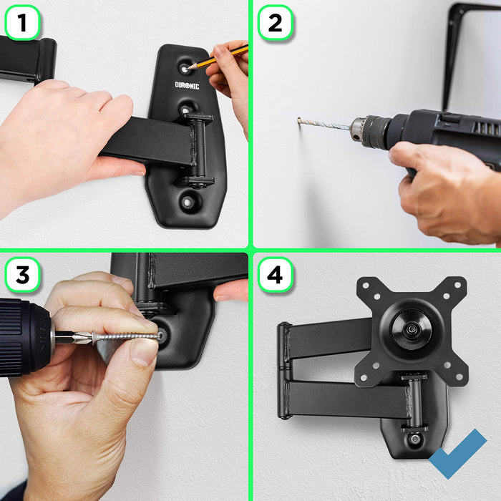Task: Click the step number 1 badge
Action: (x=22, y=23)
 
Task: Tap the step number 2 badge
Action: (x=275, y=23)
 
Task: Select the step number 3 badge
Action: (x=22, y=275)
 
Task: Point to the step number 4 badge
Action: (x=275, y=275)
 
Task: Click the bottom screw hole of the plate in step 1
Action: (x=188, y=203)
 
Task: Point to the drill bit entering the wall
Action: (x=322, y=125)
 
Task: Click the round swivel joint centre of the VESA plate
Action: (x=411, y=331)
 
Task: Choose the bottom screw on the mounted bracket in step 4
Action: (x=414, y=438)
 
